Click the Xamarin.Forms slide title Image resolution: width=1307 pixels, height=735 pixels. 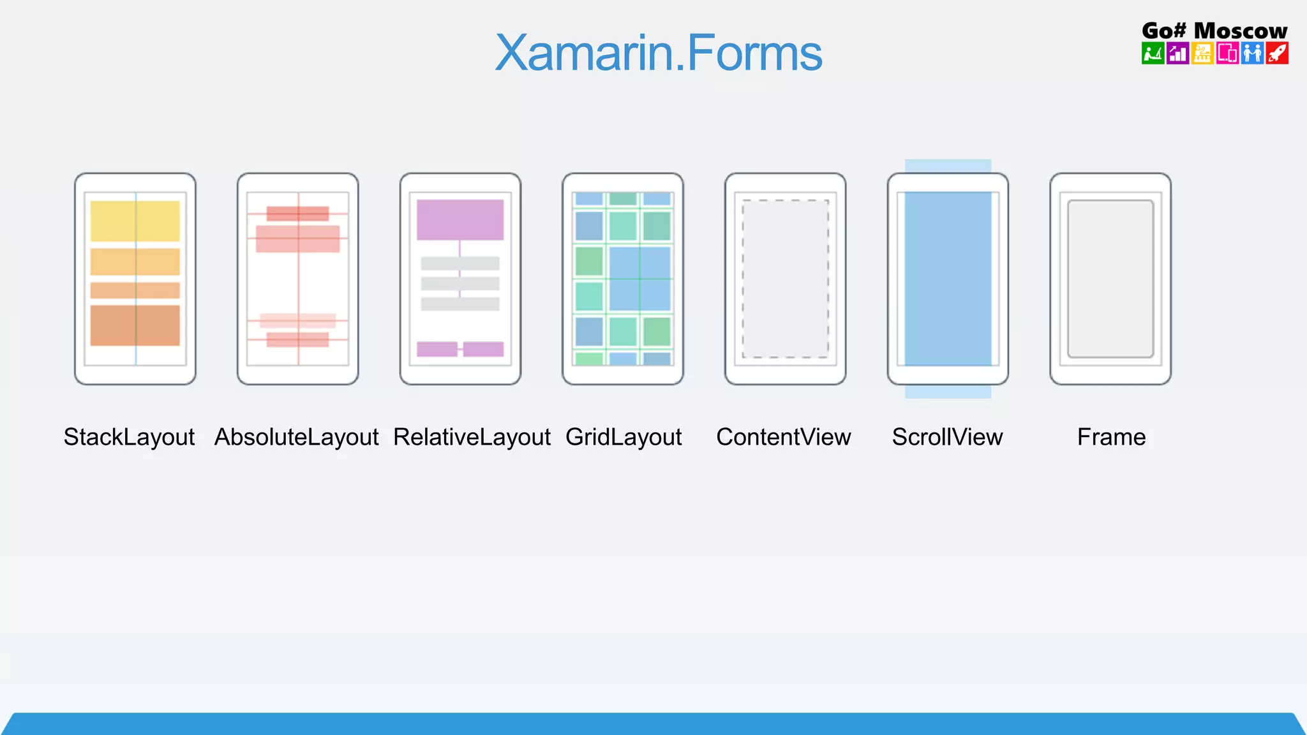pos(658,53)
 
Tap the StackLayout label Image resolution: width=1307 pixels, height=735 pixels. pos(129,437)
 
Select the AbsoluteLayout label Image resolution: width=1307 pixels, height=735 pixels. pos(297,437)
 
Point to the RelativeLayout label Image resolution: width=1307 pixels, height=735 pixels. pos(472,437)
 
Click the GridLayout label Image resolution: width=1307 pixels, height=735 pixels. pos(624,437)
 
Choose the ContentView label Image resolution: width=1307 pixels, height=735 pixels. pos(784,437)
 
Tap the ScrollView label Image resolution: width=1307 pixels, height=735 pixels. pos(947,437)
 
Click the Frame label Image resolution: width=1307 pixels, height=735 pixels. pos(1111,437)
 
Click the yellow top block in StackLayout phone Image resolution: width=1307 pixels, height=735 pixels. pos(135,221)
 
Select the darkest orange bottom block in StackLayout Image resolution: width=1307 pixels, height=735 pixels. pos(135,325)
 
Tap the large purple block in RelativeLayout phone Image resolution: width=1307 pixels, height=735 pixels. pos(460,219)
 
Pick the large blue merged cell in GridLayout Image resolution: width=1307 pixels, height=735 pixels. pos(639,278)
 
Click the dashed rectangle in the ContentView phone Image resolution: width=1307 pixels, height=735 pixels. pos(786,279)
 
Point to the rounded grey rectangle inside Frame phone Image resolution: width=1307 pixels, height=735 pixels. pos(1110,279)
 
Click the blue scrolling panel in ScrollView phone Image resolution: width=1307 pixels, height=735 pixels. pos(948,279)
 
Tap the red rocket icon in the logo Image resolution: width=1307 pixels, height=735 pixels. pos(1277,53)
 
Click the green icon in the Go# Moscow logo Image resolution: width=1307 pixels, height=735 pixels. pos(1153,53)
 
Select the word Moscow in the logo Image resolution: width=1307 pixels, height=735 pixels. pos(1240,30)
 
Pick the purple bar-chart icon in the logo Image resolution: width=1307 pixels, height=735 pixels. pos(1177,53)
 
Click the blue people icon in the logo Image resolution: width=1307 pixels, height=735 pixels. pos(1252,53)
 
